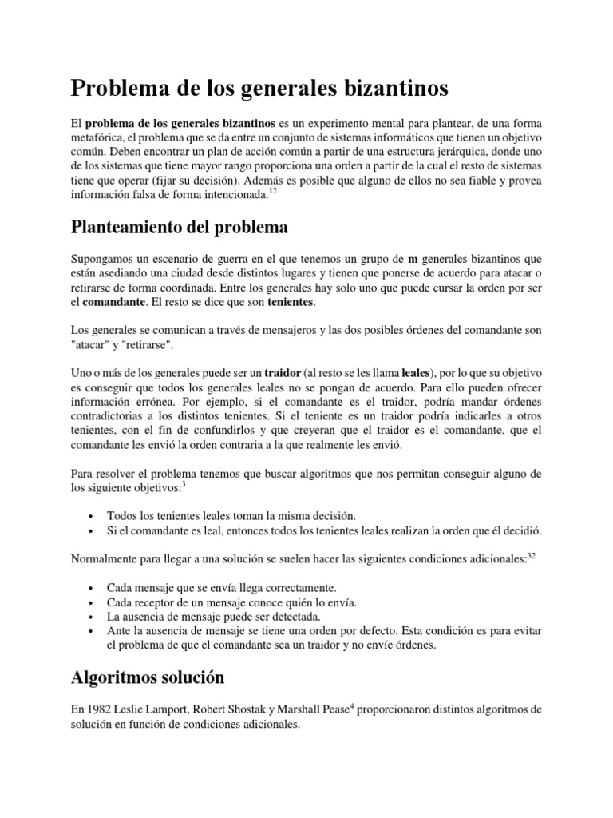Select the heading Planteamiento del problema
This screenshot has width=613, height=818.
tap(180, 228)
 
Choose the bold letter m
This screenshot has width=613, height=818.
tap(413, 260)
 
